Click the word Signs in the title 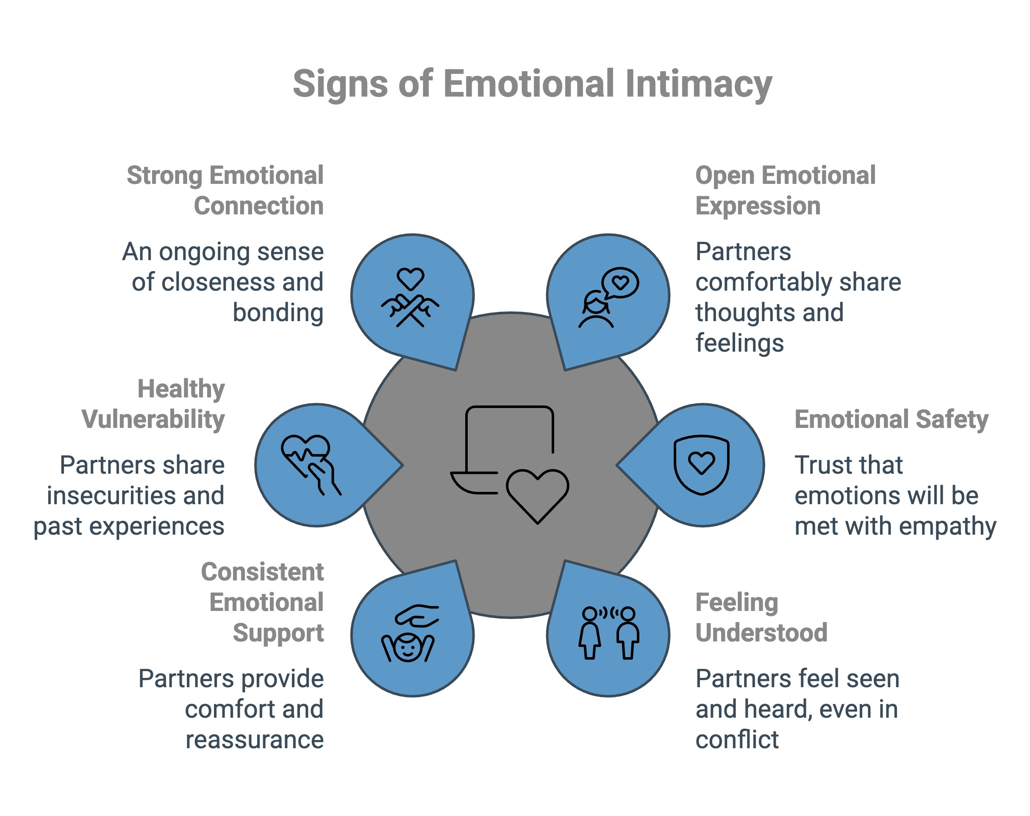point(340,83)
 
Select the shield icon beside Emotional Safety point(701,464)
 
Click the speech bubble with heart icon point(620,283)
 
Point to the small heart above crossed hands point(411,278)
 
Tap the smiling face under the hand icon point(408,647)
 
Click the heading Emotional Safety point(891,419)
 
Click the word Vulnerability point(153,419)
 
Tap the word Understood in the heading point(761,633)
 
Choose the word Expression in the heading point(758,206)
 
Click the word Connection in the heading point(258,206)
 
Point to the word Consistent point(262,572)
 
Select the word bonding point(278,313)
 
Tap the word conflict point(737,740)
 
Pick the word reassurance point(255,740)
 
